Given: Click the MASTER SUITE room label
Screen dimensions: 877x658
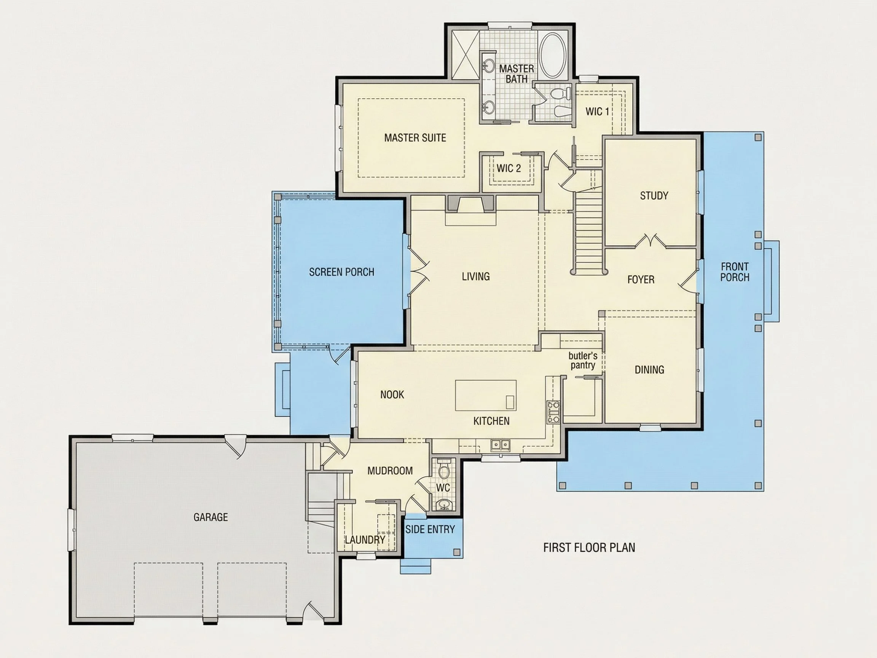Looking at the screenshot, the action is point(415,137).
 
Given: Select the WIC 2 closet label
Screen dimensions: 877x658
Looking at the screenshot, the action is point(509,168).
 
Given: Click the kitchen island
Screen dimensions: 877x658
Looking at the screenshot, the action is point(486,395).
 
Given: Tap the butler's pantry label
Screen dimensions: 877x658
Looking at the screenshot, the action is point(583,360).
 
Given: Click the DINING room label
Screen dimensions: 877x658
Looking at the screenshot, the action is point(649,370).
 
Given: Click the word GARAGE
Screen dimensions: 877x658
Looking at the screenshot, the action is point(210,517).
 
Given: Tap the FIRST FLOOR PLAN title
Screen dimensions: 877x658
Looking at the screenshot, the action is point(589,547).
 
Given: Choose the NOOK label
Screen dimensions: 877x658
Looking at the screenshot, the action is point(392,394).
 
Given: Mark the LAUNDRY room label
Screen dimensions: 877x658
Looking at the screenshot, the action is point(365,540).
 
